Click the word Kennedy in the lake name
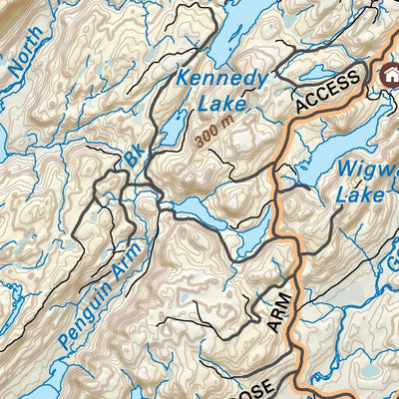(221, 79)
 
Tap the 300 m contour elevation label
(216, 134)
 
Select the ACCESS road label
(326, 92)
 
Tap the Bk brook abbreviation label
(134, 158)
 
